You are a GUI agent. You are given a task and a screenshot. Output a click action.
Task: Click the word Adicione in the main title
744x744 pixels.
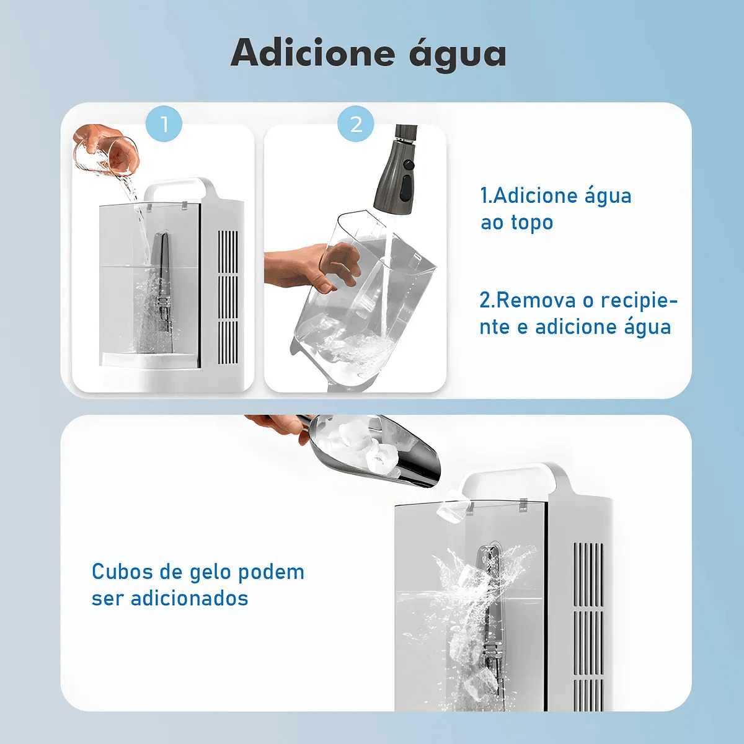pyautogui.click(x=312, y=53)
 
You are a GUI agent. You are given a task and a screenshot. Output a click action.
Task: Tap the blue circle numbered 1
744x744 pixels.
pyautogui.click(x=164, y=124)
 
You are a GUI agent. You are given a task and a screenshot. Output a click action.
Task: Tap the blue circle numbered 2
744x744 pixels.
pyautogui.click(x=356, y=124)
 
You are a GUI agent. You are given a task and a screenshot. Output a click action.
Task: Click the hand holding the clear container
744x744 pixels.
pyautogui.click(x=312, y=267)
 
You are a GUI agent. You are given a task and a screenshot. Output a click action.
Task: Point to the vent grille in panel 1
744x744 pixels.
pyautogui.click(x=228, y=298)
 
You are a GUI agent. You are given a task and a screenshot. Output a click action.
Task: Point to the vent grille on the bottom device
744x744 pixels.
pyautogui.click(x=588, y=627)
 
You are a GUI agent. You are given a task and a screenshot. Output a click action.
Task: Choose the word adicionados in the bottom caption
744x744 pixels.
pyautogui.click(x=189, y=598)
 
